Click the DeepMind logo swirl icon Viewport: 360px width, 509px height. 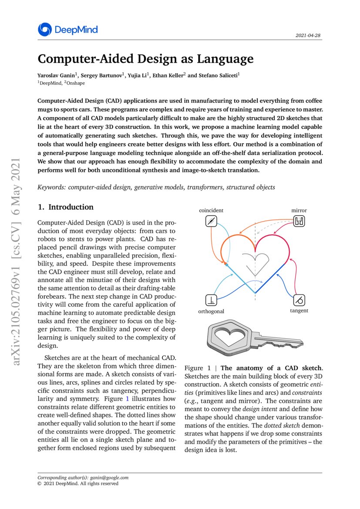pos(44,30)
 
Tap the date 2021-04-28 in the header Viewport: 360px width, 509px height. pos(309,35)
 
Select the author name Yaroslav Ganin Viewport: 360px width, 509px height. pos(54,75)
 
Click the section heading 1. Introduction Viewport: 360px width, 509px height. pos(66,207)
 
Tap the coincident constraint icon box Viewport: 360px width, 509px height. pos(211,222)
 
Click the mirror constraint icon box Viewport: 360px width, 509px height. pos(299,222)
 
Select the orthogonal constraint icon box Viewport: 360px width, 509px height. pos(211,300)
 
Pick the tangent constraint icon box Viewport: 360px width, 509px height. pos(299,300)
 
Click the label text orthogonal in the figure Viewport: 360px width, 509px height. pos(211,311)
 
